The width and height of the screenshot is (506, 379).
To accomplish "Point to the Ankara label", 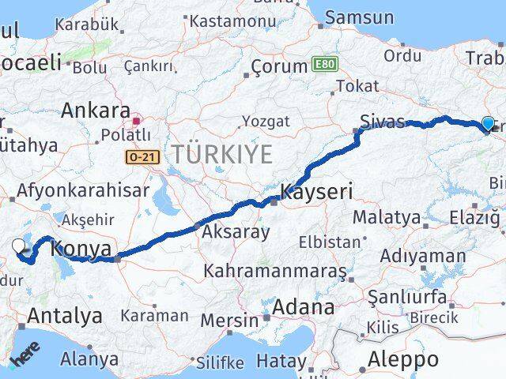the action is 95,109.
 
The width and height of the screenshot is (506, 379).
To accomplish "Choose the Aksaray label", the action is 236,233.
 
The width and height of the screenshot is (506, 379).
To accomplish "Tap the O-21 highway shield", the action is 142,158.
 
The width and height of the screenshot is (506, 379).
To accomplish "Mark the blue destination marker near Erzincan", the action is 488,123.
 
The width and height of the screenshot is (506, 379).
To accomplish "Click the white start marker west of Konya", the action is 20,246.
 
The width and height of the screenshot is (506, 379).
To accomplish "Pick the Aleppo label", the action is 403,359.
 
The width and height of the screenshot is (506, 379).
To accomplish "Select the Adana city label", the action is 303,306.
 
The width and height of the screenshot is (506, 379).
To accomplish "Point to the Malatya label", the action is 387,216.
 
